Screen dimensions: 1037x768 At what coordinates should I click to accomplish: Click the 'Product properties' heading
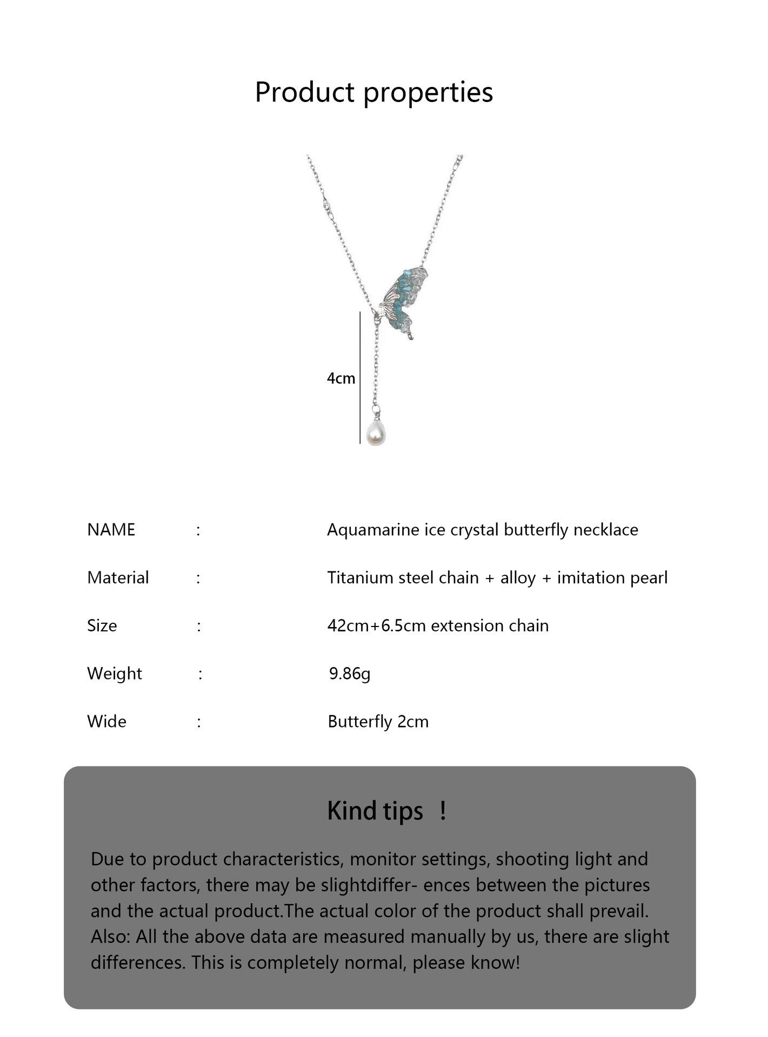tap(373, 92)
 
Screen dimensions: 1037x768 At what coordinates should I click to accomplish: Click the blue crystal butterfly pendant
tap(405, 301)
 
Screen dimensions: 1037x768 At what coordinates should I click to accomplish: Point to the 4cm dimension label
tap(340, 379)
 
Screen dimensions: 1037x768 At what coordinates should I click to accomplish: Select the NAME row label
tap(111, 530)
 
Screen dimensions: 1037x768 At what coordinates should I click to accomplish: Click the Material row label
tap(118, 578)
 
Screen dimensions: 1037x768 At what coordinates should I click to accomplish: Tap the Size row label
tap(102, 626)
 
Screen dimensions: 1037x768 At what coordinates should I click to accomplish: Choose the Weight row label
tap(114, 674)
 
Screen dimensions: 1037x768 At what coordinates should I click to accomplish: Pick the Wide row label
tap(106, 722)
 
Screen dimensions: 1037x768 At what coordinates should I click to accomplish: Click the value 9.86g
tap(350, 674)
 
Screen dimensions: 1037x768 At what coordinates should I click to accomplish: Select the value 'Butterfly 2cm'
tap(378, 722)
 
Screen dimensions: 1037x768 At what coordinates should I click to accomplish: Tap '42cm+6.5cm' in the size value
tap(376, 626)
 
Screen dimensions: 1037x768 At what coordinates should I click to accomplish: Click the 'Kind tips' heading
tap(375, 811)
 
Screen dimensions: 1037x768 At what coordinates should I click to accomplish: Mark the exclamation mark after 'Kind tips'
tap(443, 811)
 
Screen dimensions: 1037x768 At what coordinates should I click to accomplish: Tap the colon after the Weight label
tap(201, 674)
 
